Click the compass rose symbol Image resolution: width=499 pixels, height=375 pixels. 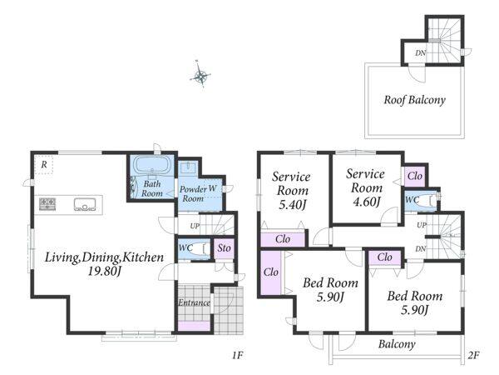[x=200, y=74]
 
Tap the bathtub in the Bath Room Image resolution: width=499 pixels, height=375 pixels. [x=153, y=164]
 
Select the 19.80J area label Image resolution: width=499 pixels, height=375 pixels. [x=105, y=272]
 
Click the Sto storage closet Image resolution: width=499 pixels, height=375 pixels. [x=224, y=248]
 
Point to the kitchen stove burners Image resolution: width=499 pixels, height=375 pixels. [x=47, y=204]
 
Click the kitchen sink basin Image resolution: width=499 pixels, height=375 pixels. [x=85, y=204]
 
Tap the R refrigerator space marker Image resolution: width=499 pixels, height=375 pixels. [x=44, y=164]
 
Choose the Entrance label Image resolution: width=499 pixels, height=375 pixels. [x=194, y=302]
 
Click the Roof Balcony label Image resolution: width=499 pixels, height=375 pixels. [x=414, y=100]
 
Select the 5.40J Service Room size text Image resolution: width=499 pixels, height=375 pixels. [x=292, y=204]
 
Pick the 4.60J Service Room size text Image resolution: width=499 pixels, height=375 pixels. [x=367, y=202]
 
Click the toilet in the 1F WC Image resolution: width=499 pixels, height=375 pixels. [x=200, y=248]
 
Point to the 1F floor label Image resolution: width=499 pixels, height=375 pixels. [x=237, y=355]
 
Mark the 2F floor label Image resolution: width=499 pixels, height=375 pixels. [x=473, y=355]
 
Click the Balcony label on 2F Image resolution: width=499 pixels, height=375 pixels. [x=397, y=344]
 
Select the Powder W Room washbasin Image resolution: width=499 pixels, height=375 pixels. [x=188, y=167]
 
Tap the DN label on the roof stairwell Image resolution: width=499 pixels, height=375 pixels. [x=420, y=53]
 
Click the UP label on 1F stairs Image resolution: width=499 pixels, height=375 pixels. [x=195, y=226]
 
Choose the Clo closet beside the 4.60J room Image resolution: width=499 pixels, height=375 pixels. [x=415, y=176]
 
